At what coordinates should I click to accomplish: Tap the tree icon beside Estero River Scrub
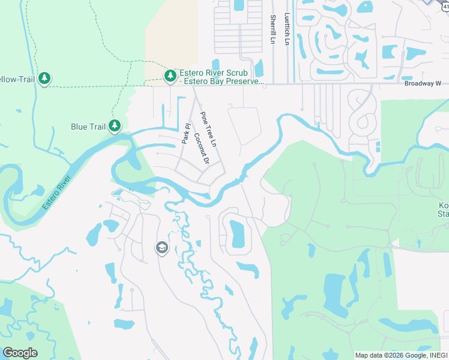click(170, 76)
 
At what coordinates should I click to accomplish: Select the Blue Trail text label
click(88, 127)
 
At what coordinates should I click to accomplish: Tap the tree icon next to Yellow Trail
click(44, 79)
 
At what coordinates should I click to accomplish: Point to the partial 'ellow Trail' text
click(16, 79)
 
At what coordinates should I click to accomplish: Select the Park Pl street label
click(186, 134)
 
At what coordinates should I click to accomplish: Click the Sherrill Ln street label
click(273, 29)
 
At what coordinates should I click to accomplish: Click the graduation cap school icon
click(161, 248)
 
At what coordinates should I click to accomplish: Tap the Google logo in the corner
click(20, 353)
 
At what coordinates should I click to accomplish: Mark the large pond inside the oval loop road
click(238, 233)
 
